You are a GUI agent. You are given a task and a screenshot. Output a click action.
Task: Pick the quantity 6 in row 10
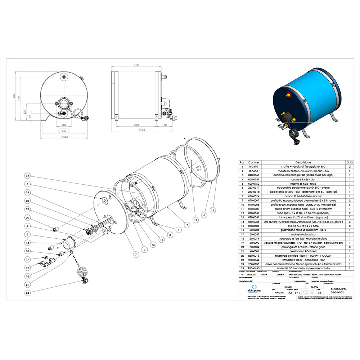350,204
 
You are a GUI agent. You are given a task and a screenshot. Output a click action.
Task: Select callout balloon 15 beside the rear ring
212,210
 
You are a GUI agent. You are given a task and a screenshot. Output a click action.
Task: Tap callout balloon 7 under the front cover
136,255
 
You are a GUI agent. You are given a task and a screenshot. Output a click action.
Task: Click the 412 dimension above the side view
136,65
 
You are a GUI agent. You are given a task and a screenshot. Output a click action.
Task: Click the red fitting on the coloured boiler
288,95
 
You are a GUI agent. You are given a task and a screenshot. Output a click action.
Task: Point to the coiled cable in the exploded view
82,271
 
